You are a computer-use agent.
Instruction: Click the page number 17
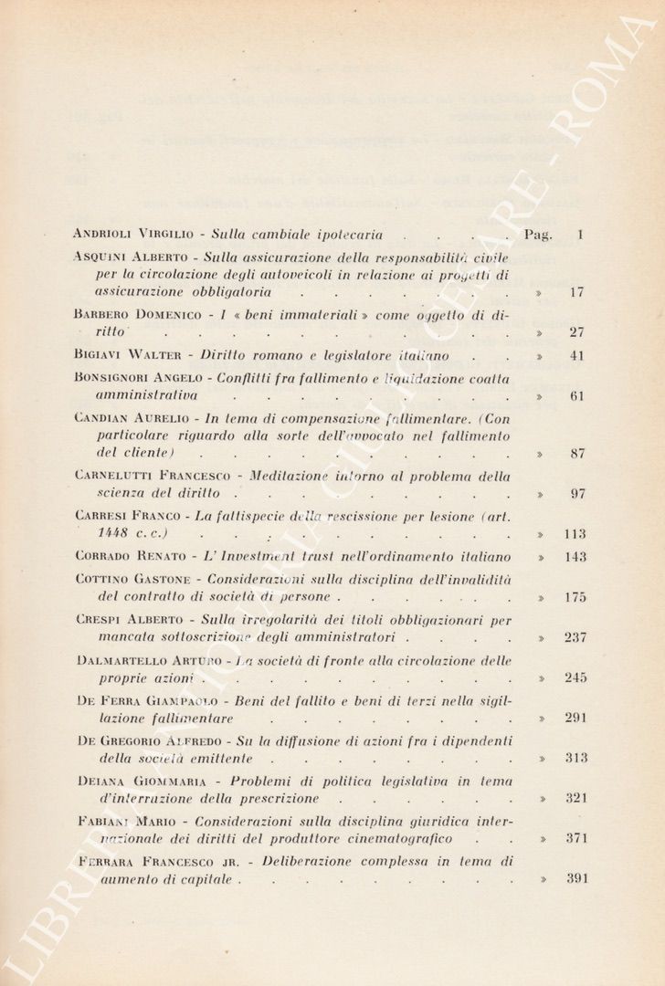[x=575, y=292]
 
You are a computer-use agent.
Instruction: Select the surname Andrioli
[x=103, y=234]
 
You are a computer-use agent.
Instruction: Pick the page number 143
[x=575, y=556]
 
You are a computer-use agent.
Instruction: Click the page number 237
[x=575, y=637]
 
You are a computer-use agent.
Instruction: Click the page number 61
[x=575, y=396]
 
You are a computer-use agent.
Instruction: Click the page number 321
[x=575, y=798]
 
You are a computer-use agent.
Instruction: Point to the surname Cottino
[x=99, y=579]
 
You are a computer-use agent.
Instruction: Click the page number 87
[x=575, y=453]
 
